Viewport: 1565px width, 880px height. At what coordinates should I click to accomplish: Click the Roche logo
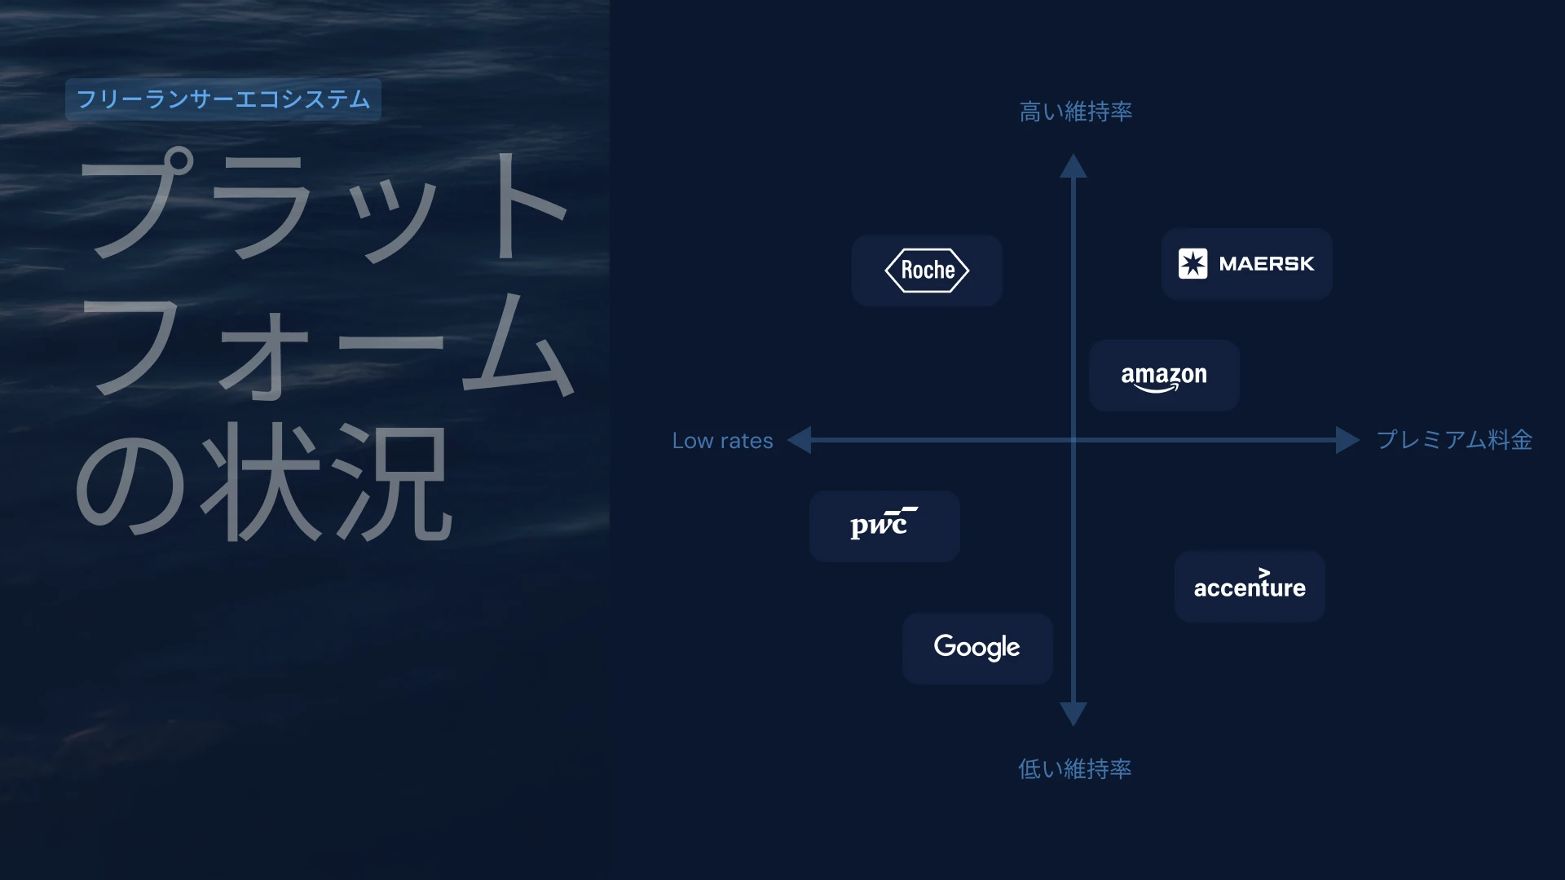[x=927, y=271]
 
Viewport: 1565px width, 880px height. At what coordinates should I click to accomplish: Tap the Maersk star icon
[x=1192, y=264]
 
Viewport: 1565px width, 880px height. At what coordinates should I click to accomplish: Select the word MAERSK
[x=1267, y=264]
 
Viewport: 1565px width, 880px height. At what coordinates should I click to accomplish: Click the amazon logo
[x=1164, y=377]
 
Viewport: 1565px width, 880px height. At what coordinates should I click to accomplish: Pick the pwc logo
[x=884, y=523]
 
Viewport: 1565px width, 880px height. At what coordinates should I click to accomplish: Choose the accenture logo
[x=1250, y=583]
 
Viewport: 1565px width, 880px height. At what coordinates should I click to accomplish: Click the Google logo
[x=976, y=648]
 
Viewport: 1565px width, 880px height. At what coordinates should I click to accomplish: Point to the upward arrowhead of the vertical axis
[x=1073, y=165]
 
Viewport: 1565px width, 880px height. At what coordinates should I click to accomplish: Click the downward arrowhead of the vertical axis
[x=1073, y=714]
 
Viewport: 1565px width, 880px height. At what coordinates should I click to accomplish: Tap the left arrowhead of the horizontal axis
[x=799, y=440]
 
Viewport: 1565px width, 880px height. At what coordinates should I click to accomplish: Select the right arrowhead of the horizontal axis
[x=1348, y=440]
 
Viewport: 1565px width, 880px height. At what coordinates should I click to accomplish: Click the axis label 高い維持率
[x=1076, y=112]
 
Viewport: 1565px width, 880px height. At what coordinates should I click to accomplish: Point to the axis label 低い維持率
[x=1075, y=768]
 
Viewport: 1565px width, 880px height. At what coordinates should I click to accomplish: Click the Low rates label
[x=722, y=441]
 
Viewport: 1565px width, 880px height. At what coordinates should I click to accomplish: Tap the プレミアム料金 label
[x=1455, y=440]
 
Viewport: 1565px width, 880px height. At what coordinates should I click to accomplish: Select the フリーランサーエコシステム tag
[x=223, y=99]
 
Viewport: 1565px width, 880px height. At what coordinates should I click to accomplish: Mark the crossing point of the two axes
[x=1073, y=440]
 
